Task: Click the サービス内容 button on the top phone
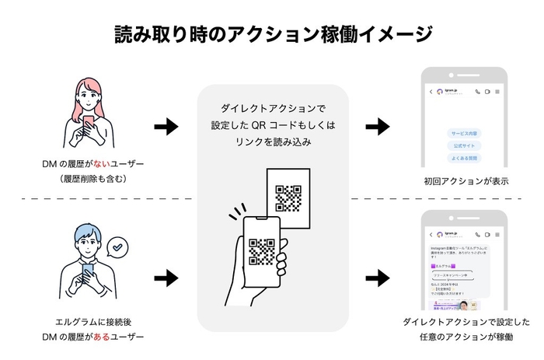pos(464,133)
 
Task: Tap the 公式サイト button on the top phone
pos(464,145)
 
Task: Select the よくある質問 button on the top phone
pos(464,158)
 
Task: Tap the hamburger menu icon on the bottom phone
pos(497,233)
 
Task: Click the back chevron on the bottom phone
pos(431,233)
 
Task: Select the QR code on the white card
pos(288,197)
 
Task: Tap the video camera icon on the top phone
pos(487,92)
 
